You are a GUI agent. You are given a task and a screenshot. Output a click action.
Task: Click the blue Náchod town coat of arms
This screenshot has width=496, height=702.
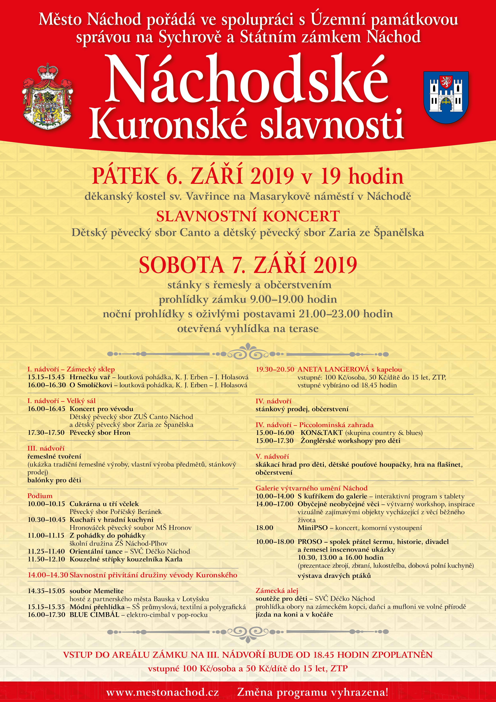pos(446,97)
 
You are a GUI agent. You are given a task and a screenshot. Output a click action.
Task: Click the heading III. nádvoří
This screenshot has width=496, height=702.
pos(46,448)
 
